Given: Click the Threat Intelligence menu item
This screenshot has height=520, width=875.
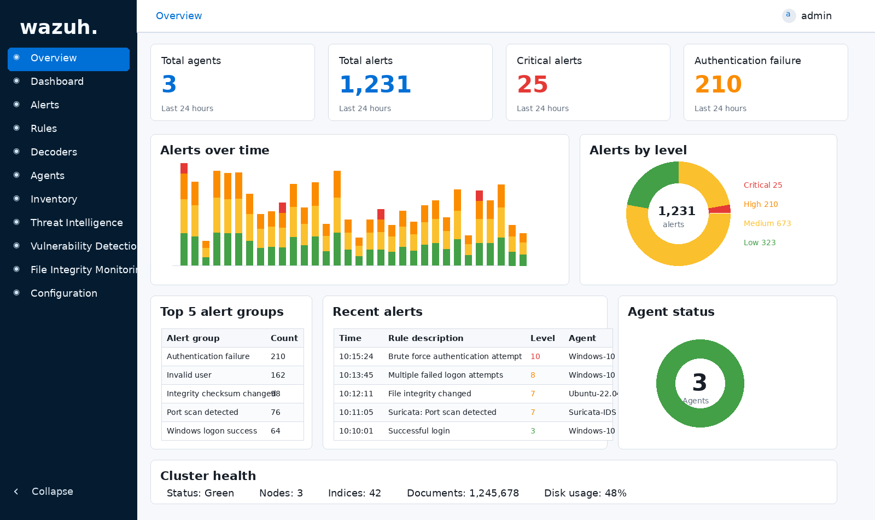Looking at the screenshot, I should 77,223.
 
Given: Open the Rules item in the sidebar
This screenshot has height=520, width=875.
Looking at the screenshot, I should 44,129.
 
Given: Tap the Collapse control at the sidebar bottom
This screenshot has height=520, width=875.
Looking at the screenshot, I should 52,492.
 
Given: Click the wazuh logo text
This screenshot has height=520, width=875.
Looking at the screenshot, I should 59,27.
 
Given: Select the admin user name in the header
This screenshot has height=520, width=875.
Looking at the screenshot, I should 816,16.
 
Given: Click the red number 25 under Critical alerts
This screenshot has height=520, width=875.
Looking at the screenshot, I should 532,84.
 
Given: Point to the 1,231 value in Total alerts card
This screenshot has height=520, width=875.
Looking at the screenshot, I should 375,84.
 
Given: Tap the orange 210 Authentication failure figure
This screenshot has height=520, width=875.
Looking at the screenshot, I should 718,84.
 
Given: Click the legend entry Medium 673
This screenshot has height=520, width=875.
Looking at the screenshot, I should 767,223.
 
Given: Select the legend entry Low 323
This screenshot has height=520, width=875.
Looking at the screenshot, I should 759,242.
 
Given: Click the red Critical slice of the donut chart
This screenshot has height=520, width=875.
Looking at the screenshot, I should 720,209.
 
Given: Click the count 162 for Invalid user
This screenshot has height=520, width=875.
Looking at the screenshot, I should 278,375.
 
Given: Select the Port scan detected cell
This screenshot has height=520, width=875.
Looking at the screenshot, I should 202,412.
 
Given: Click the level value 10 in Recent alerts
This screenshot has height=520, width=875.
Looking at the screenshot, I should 535,356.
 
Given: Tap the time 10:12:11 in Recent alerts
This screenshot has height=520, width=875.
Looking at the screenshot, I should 356,394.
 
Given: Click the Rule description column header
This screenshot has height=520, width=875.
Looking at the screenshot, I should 425,338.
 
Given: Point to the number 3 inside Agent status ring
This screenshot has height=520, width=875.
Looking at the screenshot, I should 699,383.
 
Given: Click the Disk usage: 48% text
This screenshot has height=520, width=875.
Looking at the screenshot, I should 585,493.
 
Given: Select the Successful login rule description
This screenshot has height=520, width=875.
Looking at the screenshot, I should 419,431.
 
